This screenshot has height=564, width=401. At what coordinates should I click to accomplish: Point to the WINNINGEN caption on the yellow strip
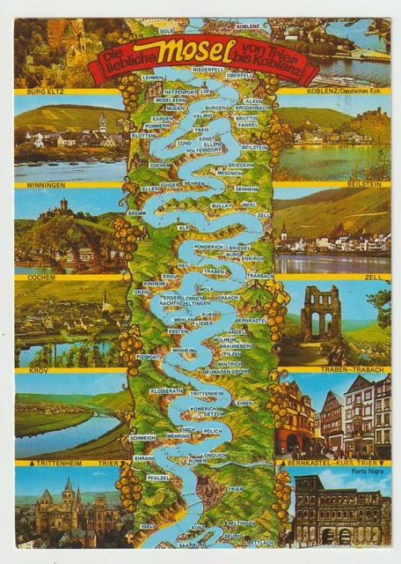tap(34, 185)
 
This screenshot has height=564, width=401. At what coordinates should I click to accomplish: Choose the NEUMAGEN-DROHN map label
tap(227, 371)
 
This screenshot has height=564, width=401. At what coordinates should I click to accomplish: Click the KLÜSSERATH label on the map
tap(166, 390)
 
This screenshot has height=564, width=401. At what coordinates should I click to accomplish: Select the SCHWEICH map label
tap(142, 436)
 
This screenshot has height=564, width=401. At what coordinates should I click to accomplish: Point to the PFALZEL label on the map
tap(158, 477)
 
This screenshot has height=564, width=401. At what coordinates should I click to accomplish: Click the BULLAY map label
tap(222, 204)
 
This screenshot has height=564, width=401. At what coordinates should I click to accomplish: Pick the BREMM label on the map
tap(137, 212)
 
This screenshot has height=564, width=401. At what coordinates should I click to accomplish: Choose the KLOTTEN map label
tap(142, 136)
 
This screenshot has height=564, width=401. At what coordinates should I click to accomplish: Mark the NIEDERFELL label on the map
tap(208, 69)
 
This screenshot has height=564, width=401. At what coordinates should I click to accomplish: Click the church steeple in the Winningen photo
tap(102, 122)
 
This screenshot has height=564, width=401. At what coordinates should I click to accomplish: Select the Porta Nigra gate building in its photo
tap(339, 511)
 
